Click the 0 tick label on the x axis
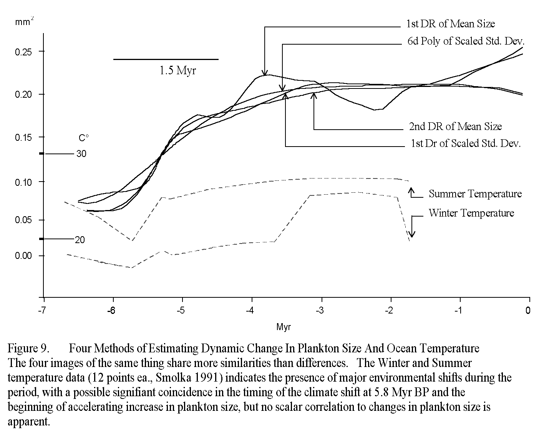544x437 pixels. (528, 311)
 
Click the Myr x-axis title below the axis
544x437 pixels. (284, 327)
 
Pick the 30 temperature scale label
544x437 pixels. (81, 154)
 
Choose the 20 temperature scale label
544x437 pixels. (80, 240)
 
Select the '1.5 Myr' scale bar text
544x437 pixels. (177, 71)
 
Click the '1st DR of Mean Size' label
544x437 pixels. (450, 24)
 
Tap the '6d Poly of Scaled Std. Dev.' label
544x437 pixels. (466, 41)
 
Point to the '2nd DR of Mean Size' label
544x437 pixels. (455, 127)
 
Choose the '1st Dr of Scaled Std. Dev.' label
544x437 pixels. (466, 144)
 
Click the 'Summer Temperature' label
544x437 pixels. (475, 194)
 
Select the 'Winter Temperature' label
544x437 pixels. (471, 213)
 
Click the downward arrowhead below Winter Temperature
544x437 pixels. (412, 234)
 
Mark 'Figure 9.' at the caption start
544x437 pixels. (28, 349)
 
